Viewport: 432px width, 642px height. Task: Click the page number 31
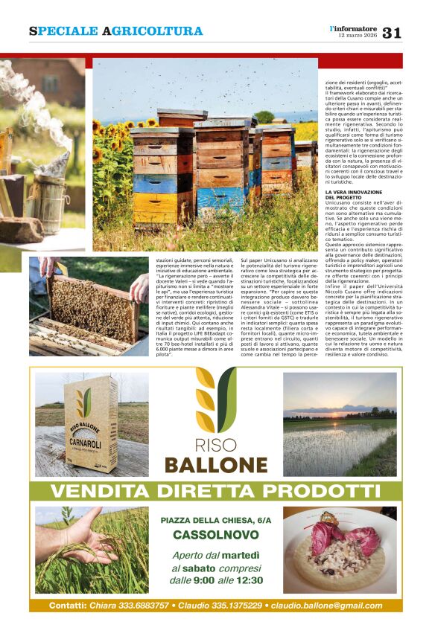click(x=393, y=32)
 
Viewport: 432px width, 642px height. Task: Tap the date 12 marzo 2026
click(x=356, y=36)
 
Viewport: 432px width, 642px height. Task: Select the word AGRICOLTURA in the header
click(x=152, y=31)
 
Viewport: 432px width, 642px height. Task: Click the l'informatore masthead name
click(x=355, y=28)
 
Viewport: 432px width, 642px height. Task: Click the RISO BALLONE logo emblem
click(x=215, y=401)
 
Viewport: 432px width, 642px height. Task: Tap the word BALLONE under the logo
click(x=216, y=465)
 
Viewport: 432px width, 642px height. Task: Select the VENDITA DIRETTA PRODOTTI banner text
click(x=216, y=491)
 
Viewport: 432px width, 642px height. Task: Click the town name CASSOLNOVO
click(x=215, y=535)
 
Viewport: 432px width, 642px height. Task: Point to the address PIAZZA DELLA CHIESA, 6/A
click(x=215, y=520)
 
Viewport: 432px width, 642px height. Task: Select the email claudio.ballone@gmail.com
click(x=326, y=606)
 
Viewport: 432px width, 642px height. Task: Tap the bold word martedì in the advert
click(x=239, y=555)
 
